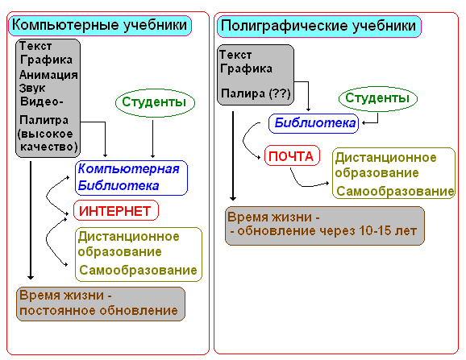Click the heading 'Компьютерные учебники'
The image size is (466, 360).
click(x=100, y=26)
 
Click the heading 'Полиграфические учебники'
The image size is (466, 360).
click(x=319, y=27)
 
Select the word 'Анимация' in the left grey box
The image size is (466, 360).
click(x=48, y=74)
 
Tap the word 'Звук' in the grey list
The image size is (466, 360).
click(x=32, y=88)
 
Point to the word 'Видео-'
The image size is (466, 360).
click(x=41, y=101)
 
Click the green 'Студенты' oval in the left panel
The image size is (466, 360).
click(x=155, y=103)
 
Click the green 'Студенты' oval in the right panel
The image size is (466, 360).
click(x=378, y=99)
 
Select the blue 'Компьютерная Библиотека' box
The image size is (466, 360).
click(x=131, y=178)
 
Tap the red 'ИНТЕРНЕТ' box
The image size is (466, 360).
click(x=116, y=210)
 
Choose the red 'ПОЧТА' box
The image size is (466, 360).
click(x=292, y=155)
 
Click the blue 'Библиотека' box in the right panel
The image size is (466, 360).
click(x=314, y=123)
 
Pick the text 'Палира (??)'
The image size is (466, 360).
click(x=256, y=93)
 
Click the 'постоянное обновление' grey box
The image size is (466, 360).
click(x=101, y=304)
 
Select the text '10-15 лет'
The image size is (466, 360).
click(x=388, y=231)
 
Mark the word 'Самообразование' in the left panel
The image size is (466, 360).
click(x=138, y=271)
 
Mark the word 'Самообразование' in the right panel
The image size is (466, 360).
click(x=395, y=192)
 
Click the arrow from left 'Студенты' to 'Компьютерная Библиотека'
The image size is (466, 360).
click(x=152, y=139)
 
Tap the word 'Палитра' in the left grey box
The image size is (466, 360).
click(x=44, y=120)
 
